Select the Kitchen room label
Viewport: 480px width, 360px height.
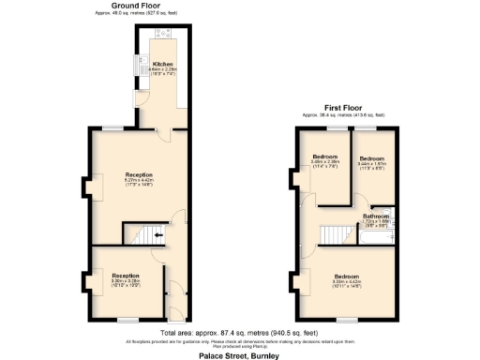click(163, 65)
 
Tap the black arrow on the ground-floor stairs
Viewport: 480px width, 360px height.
click(157, 235)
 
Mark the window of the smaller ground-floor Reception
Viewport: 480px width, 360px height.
click(126, 320)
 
